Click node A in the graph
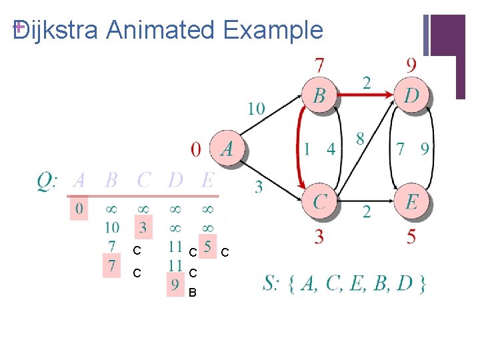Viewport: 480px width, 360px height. (x=227, y=148)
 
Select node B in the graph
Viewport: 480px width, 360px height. (x=319, y=95)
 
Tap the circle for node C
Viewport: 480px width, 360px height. (x=320, y=201)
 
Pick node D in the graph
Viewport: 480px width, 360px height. (x=412, y=95)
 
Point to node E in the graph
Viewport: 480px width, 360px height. (x=412, y=201)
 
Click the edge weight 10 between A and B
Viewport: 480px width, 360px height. (x=256, y=108)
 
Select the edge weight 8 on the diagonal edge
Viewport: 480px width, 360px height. (x=360, y=139)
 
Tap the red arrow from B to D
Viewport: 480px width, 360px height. (x=365, y=95)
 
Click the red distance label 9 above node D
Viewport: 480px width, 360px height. (x=411, y=65)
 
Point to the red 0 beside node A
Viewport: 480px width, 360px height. (x=195, y=149)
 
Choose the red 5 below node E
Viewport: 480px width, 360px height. (x=411, y=235)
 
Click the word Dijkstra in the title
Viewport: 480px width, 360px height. (x=55, y=30)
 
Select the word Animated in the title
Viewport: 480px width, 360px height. (x=161, y=30)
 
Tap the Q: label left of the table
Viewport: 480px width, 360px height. (x=47, y=180)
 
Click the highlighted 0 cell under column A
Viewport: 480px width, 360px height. (x=79, y=209)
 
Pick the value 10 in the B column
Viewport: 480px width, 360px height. (x=112, y=227)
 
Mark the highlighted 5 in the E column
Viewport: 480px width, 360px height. (x=207, y=247)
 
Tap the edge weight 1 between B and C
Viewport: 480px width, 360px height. (x=307, y=149)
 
